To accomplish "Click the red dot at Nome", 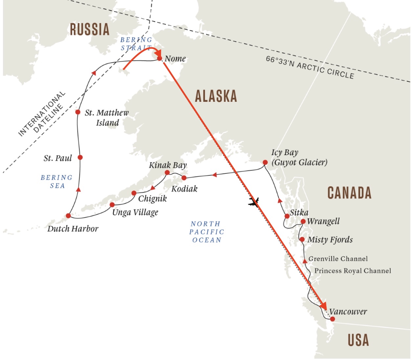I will [x=159, y=58].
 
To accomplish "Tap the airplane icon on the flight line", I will [x=253, y=202].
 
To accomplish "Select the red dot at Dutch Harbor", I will [x=68, y=216].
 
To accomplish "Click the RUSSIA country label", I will [x=89, y=29].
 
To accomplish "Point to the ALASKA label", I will [x=216, y=96].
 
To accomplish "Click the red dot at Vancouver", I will [x=332, y=319].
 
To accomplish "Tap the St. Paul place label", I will [x=57, y=158].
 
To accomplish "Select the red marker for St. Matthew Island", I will [x=78, y=112].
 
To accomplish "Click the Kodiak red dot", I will [x=184, y=178].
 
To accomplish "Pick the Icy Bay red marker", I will [x=265, y=162].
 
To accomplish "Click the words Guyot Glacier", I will [x=299, y=163].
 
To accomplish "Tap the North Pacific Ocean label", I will [x=207, y=232].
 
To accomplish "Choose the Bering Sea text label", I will [x=57, y=182].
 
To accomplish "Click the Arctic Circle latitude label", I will [x=310, y=67].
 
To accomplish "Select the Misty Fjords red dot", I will [x=302, y=239].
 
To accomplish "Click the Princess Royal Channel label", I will [x=353, y=271].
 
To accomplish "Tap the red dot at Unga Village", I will [x=112, y=205].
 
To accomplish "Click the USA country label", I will [x=358, y=340].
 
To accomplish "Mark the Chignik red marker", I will [x=134, y=193].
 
